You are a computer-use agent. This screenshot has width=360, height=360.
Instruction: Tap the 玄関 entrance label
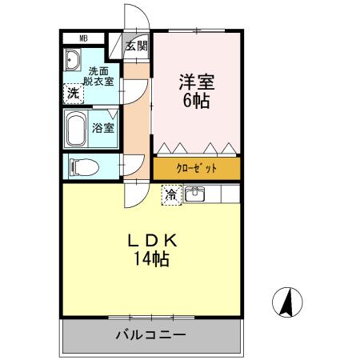click(x=138, y=46)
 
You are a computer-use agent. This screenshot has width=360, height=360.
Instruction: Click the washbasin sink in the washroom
click(x=74, y=62)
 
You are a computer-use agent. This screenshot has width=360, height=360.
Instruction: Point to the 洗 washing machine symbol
click(x=73, y=93)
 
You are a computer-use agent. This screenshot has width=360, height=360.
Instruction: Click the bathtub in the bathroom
click(x=77, y=127)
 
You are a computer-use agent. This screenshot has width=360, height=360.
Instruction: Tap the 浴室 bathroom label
click(x=103, y=127)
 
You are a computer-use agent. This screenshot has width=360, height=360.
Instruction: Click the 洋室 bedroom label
click(x=194, y=82)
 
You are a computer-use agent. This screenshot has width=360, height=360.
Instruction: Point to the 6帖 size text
click(x=194, y=102)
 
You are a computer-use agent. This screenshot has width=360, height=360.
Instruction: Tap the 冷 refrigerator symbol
click(x=170, y=193)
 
